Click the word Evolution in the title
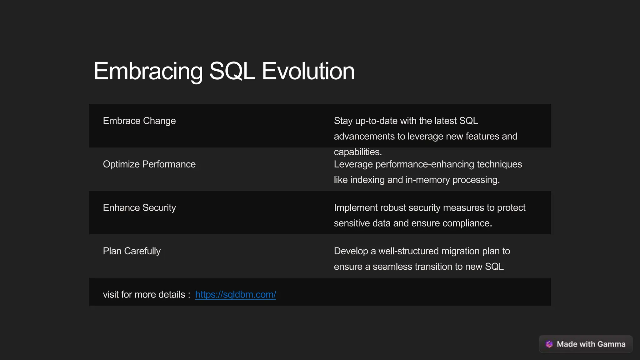pos(308,71)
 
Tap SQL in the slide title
pos(232,71)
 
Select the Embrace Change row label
pos(139,121)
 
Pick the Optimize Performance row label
pos(149,164)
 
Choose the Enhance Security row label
pos(139,208)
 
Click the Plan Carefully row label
pos(132,251)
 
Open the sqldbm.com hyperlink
pos(235,295)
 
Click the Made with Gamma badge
pos(586,344)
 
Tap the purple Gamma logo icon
pos(549,344)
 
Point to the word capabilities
pos(357,152)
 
